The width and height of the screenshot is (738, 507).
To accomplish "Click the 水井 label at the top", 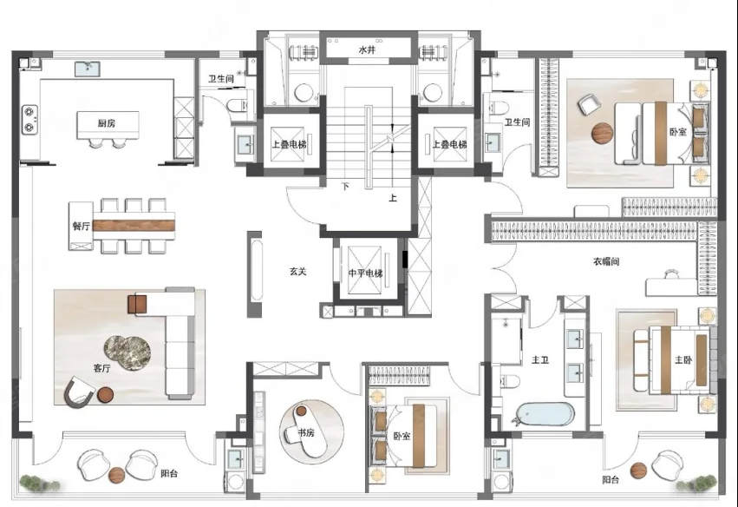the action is coord(367,49).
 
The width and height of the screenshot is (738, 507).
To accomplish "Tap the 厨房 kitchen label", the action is coord(107,123).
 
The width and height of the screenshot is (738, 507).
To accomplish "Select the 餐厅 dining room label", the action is coord(81,227).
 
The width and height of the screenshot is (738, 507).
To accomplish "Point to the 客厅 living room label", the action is coord(101,368).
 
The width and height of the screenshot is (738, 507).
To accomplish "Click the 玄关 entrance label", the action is coord(298,272).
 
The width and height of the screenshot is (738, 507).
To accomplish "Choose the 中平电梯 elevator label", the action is coord(366,273).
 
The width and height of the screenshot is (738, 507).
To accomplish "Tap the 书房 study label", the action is coord(306,432).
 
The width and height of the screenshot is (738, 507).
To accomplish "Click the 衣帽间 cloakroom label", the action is coord(606,261).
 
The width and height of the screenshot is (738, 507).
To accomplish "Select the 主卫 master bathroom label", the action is coord(540,360).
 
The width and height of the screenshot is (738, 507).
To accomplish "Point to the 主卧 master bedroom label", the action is coord(683,360).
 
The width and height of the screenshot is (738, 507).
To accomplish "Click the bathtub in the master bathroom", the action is coord(544,415).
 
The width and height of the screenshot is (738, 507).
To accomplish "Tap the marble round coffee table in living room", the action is coord(127,353).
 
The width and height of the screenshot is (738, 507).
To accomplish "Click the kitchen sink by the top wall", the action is coord(88,69).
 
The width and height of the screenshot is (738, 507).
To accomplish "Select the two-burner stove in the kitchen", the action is coord(29,119).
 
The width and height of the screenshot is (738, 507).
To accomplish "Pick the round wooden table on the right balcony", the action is coord(638,470).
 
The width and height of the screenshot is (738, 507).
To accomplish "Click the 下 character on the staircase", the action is coord(345,187).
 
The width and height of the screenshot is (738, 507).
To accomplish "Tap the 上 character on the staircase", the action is coord(393,198).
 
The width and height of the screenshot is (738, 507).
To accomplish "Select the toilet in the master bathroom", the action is coord(509,380).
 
